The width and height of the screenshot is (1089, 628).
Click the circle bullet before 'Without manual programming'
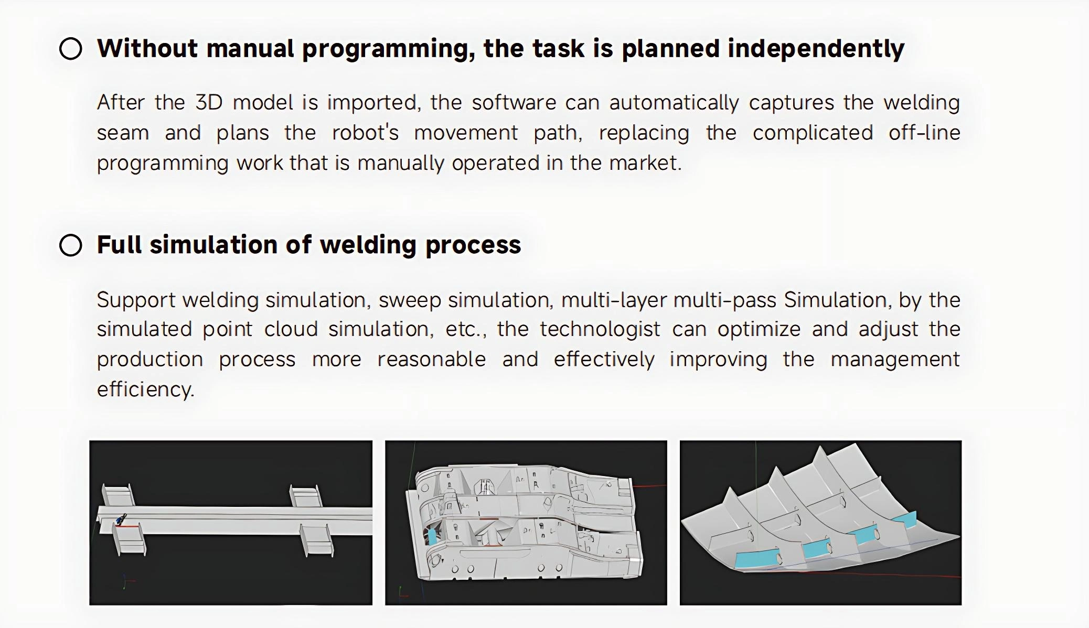(71, 49)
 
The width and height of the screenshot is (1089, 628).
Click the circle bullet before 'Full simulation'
(71, 245)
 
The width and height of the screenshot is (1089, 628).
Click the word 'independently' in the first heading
(816, 49)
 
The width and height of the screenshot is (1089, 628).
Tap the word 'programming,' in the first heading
(388, 49)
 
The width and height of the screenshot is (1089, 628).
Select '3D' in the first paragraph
(209, 102)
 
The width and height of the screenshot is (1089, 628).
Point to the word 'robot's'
(365, 133)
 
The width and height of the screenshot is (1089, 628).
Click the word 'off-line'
(924, 133)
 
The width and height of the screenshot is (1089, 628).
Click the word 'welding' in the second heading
(368, 245)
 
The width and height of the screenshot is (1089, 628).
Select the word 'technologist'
(599, 329)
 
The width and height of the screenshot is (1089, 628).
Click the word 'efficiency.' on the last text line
(145, 389)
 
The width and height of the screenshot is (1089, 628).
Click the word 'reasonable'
(431, 359)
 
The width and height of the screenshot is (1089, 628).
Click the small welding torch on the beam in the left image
(121, 519)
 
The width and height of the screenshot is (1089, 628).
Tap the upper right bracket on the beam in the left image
(305, 496)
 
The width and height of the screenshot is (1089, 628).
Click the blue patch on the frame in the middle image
(432, 536)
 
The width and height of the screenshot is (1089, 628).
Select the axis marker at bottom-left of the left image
(126, 581)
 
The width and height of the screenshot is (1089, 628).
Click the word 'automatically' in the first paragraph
(674, 102)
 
